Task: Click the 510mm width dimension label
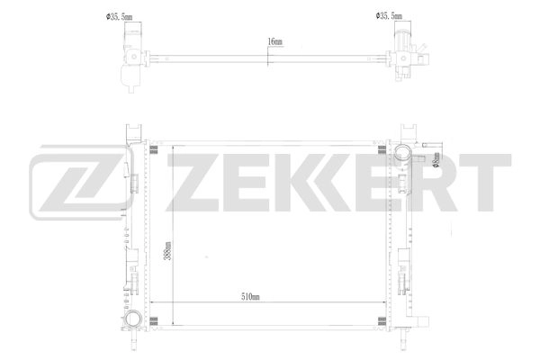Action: [x=250, y=297]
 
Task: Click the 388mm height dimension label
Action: [x=167, y=250]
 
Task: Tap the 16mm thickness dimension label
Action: [x=274, y=42]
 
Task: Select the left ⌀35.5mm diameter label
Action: [x=119, y=17]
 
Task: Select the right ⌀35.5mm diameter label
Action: [x=389, y=16]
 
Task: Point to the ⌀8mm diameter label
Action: [x=436, y=160]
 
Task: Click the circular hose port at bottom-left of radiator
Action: [x=133, y=319]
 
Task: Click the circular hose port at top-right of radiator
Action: [x=403, y=153]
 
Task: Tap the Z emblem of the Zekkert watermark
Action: [x=78, y=183]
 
